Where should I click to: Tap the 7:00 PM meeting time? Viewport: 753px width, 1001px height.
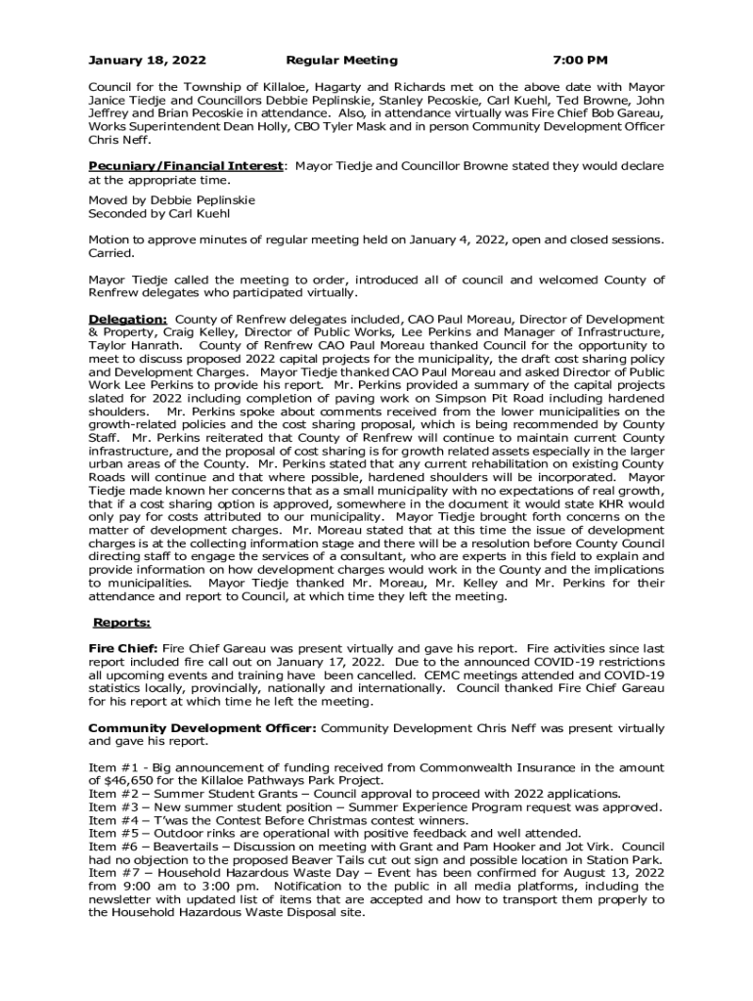pos(580,60)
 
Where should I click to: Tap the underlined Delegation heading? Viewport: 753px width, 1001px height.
pos(127,319)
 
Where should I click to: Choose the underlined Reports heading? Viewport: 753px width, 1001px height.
pos(121,622)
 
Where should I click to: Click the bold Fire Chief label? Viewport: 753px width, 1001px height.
pos(123,648)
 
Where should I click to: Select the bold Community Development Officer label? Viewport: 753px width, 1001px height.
pos(202,728)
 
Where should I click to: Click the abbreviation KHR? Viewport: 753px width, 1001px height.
pos(618,504)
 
